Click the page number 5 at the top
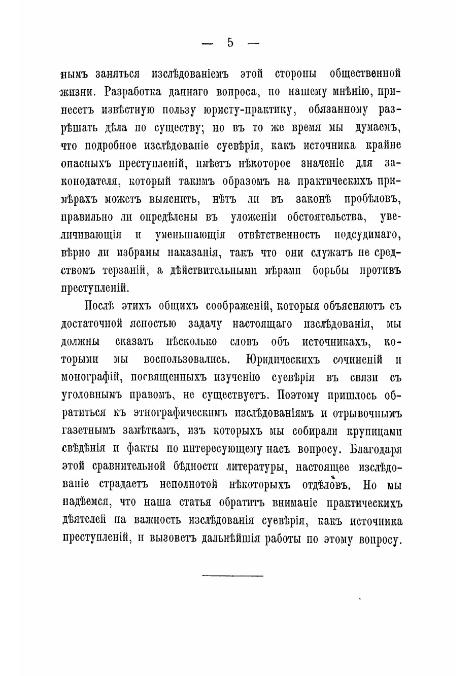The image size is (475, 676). [230, 43]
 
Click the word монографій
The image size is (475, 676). [90, 377]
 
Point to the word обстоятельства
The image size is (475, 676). [326, 217]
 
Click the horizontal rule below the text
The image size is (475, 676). [233, 576]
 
